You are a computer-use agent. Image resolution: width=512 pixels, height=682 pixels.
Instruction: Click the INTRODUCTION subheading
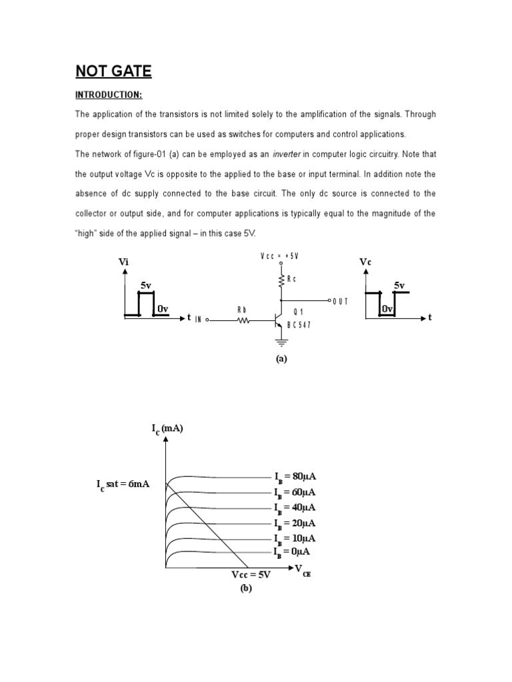click(x=109, y=95)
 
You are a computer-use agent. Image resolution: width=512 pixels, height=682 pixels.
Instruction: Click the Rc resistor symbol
click(x=281, y=280)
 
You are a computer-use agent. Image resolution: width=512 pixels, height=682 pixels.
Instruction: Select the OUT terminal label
click(x=341, y=301)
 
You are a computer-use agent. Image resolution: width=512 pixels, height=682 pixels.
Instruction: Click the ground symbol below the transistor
click(x=281, y=342)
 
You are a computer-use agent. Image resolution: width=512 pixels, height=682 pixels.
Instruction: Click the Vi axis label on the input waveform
click(x=123, y=262)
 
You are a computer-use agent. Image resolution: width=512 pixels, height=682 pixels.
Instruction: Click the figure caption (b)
click(x=246, y=588)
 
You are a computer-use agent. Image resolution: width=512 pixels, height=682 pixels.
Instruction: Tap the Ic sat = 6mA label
click(x=121, y=484)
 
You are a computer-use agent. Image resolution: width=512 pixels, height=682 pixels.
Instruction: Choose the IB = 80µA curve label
click(x=295, y=477)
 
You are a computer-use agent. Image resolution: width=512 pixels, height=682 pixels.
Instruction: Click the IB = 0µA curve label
click(x=292, y=552)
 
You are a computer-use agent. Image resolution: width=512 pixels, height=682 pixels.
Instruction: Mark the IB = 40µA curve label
click(x=295, y=508)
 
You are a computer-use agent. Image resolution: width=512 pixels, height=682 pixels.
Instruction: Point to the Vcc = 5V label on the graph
click(x=251, y=575)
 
